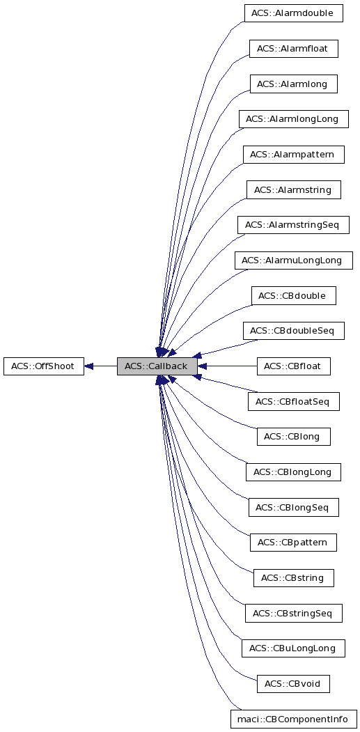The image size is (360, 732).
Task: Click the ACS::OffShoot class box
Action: click(x=43, y=366)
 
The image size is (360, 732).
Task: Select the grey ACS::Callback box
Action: click(x=157, y=366)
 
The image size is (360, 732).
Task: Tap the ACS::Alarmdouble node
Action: click(x=293, y=13)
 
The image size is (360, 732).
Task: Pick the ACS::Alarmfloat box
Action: click(x=293, y=49)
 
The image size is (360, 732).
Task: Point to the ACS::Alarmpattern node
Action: click(x=293, y=154)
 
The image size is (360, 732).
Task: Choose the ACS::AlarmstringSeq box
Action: click(x=293, y=225)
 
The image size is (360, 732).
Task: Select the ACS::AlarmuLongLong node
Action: click(x=293, y=260)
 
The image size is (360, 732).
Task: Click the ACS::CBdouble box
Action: click(x=293, y=295)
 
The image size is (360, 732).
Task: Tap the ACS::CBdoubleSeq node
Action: click(x=293, y=331)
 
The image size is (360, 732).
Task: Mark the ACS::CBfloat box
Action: click(x=293, y=366)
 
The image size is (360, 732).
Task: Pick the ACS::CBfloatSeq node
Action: click(x=293, y=401)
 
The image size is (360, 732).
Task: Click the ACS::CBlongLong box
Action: click(x=293, y=472)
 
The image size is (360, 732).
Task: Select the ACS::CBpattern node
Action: click(x=293, y=542)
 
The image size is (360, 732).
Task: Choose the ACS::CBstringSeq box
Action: click(x=293, y=613)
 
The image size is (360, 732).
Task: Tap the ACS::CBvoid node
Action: click(x=293, y=683)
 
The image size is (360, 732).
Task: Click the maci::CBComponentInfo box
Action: click(x=293, y=719)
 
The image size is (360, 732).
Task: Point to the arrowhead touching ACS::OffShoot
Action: click(x=90, y=366)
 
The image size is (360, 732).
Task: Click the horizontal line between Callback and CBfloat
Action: click(x=230, y=366)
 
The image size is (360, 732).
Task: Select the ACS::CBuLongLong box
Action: click(x=293, y=648)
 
